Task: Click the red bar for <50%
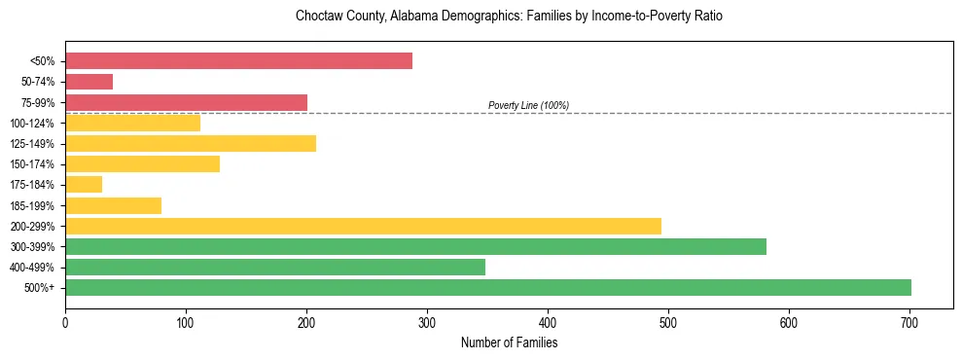pyautogui.click(x=238, y=61)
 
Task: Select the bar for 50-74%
pyautogui.click(x=89, y=82)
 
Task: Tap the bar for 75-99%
pyautogui.click(x=186, y=102)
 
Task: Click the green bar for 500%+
pyautogui.click(x=487, y=287)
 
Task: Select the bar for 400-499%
pyautogui.click(x=274, y=267)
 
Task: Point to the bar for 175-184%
pyautogui.click(x=84, y=184)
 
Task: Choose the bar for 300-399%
pyautogui.click(x=415, y=246)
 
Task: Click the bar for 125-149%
pyautogui.click(x=191, y=144)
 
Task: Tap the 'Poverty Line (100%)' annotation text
pyautogui.click(x=528, y=105)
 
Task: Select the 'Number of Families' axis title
pyautogui.click(x=509, y=342)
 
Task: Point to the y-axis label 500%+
pyautogui.click(x=38, y=288)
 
